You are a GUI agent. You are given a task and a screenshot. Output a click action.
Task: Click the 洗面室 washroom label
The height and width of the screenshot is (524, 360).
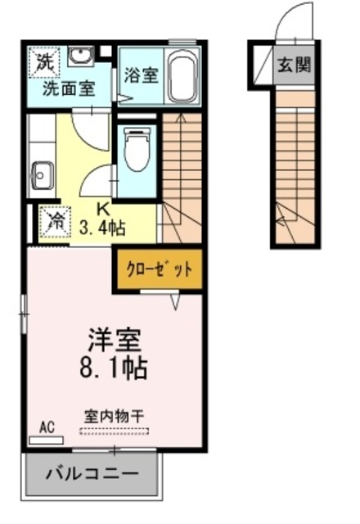click(x=69, y=88)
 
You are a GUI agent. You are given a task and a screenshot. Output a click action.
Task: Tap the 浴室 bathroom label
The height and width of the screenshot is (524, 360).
click(x=141, y=75)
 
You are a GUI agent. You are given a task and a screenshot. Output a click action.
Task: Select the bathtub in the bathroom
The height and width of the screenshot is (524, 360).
click(x=182, y=76)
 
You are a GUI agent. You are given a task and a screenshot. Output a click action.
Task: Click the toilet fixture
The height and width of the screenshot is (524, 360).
click(x=137, y=149)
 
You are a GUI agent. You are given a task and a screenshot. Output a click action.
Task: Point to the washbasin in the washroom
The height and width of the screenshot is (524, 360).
click(x=80, y=56)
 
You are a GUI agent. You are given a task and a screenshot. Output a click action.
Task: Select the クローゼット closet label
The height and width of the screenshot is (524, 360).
click(x=159, y=269)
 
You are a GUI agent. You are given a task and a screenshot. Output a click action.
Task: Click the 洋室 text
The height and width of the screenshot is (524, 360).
click(x=114, y=341)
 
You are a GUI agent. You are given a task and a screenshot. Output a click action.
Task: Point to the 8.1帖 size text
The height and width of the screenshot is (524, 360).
click(x=114, y=368)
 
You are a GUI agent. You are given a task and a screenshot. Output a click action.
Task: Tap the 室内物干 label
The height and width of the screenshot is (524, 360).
click(x=114, y=417)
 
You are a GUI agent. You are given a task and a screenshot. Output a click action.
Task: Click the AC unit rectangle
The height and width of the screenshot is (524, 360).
click(x=46, y=440)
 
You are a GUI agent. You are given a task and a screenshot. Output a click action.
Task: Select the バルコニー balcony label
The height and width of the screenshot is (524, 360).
click(x=92, y=474)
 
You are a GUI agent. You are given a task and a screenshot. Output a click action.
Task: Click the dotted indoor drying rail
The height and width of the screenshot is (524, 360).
click(x=114, y=431)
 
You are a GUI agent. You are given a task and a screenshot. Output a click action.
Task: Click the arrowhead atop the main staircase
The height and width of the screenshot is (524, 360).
click(x=181, y=117)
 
